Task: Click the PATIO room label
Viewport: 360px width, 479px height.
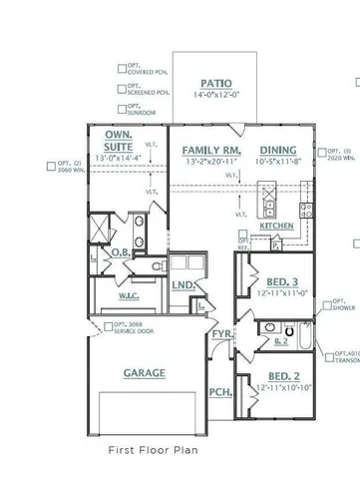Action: [x=214, y=84]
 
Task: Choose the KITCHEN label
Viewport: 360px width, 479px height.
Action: [x=276, y=227]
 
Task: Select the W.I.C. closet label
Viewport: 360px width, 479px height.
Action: [x=130, y=294]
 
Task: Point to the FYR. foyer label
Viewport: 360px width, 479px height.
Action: [x=220, y=334]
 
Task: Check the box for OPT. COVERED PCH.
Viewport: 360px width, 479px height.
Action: [x=121, y=69]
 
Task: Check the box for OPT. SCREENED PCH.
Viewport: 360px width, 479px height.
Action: [x=121, y=88]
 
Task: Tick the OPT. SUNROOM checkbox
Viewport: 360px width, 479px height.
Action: [x=121, y=107]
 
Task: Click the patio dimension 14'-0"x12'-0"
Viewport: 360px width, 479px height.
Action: [x=214, y=96]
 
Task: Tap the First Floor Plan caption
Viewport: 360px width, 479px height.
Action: [x=153, y=451]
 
